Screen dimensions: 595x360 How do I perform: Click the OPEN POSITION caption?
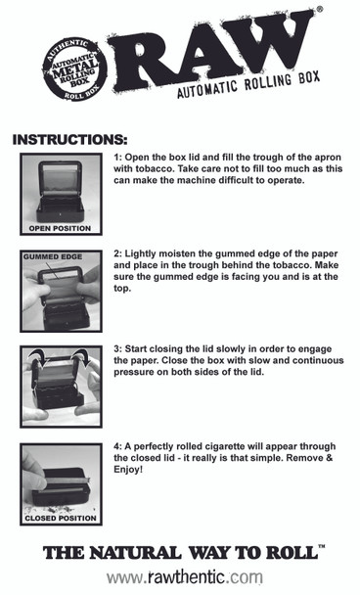point(61,228)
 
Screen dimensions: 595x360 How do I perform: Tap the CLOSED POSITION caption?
point(61,519)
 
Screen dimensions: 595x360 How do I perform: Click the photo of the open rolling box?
point(61,191)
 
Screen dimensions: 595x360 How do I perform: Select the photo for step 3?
point(61,387)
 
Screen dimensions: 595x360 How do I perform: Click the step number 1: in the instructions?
point(118,157)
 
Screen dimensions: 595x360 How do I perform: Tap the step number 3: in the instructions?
point(118,350)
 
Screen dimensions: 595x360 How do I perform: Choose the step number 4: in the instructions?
point(118,447)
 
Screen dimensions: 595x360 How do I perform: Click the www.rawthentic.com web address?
point(184,577)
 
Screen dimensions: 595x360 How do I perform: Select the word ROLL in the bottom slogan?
point(290,553)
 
